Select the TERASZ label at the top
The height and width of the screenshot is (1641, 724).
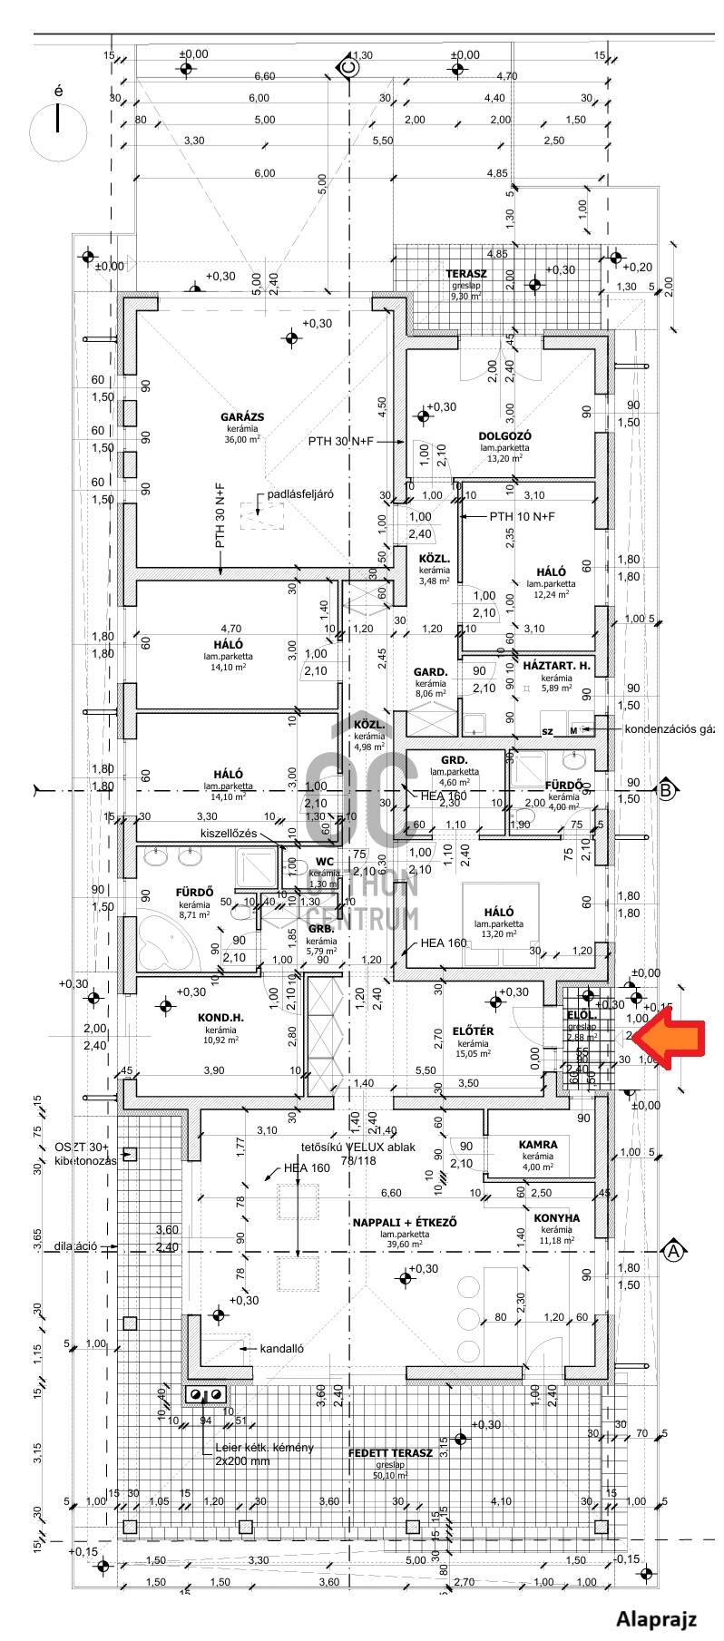click(466, 273)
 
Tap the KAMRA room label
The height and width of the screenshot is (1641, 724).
click(538, 1145)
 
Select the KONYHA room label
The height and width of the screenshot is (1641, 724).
click(557, 1217)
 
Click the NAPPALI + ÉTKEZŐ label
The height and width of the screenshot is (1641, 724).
click(406, 1222)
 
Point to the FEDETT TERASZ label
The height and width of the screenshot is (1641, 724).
click(390, 1452)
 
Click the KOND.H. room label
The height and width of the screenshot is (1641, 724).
click(221, 1017)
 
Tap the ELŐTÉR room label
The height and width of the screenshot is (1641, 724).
click(474, 1031)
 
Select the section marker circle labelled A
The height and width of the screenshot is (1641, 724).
click(673, 1251)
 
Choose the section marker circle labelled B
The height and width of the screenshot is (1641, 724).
click(667, 790)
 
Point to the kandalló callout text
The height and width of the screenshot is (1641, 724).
click(281, 1347)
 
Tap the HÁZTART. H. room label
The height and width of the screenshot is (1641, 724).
click(556, 666)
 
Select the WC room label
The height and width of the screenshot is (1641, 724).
click(324, 862)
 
